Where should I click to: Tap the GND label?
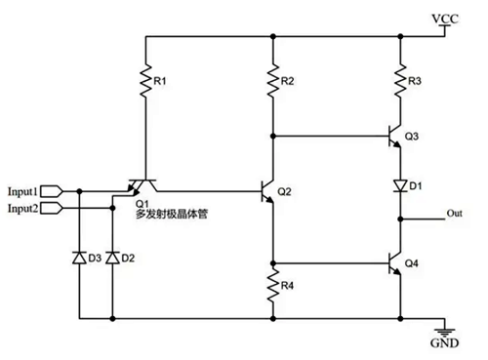[444, 344]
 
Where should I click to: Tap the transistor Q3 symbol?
[394, 137]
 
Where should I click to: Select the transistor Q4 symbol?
[394, 263]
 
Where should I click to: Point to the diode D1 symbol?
[400, 184]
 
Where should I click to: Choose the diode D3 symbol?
[79, 259]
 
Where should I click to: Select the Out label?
[454, 213]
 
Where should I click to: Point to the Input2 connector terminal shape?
[55, 208]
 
